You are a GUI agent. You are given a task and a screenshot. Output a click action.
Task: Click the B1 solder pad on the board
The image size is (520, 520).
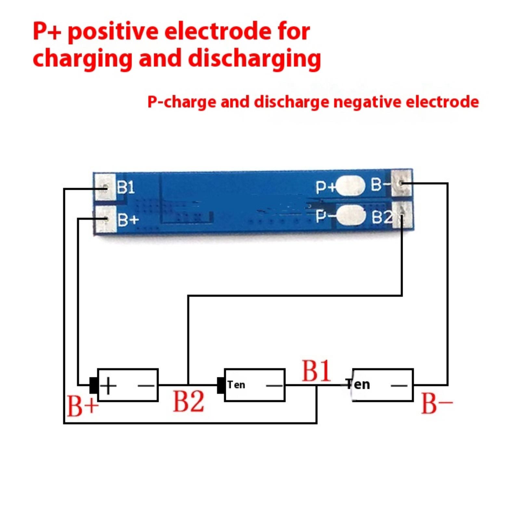coord(105,187)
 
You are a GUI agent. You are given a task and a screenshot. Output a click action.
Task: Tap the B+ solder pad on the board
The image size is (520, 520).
coord(106,220)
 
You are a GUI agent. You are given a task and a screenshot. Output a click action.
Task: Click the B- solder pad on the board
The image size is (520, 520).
coord(402,183)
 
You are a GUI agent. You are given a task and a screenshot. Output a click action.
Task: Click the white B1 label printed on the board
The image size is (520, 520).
coord(126,187)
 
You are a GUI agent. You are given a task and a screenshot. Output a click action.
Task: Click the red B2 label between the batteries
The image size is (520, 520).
coord(188,401)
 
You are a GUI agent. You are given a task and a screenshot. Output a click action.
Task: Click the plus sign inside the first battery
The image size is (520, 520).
coord(109,385)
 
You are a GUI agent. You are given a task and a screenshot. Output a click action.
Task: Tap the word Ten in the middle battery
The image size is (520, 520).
coord(236,385)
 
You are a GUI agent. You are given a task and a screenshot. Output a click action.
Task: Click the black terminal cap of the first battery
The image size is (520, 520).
coord(94,385)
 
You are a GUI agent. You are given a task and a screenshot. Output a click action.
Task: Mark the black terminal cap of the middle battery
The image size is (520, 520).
coord(221,385)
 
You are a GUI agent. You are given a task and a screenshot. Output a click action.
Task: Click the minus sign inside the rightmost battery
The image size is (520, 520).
coord(399,385)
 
